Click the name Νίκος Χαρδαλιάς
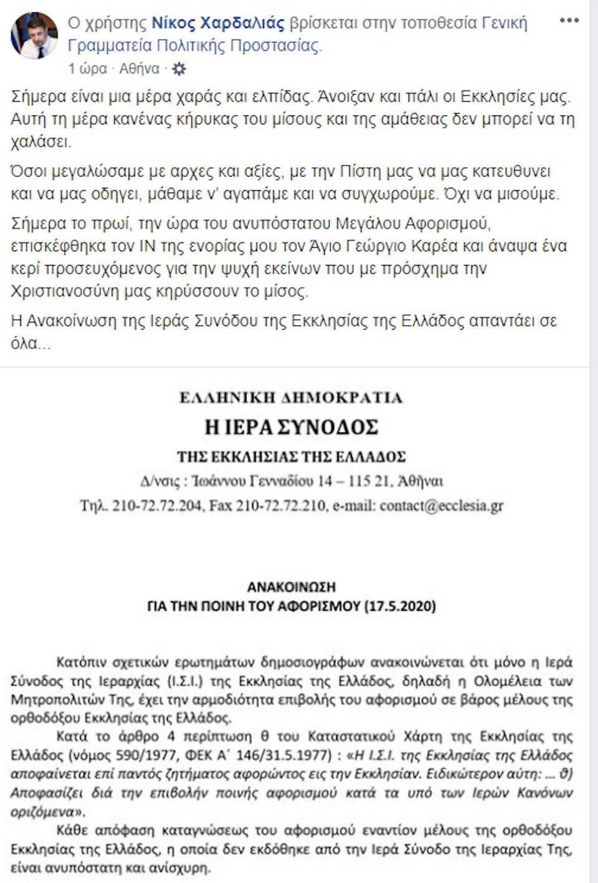(x=218, y=24)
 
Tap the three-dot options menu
(x=569, y=21)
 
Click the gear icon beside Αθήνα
(x=179, y=69)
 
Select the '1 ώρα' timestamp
(x=87, y=69)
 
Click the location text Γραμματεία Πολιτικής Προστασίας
(x=194, y=45)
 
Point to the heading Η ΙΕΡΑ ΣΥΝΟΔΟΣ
(x=292, y=427)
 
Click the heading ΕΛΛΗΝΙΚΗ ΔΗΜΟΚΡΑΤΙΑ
(x=292, y=398)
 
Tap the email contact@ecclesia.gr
(x=441, y=505)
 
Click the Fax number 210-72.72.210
(x=281, y=505)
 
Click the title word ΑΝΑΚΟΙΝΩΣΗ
(x=292, y=587)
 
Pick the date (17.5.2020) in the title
(x=400, y=606)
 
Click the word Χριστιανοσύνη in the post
(x=59, y=291)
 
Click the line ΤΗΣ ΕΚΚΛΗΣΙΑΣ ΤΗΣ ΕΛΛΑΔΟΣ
(x=292, y=457)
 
